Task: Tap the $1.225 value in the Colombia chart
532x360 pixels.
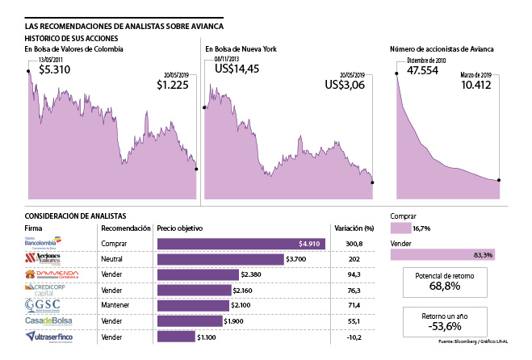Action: [177, 83]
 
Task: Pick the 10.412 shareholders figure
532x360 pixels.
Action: [480, 83]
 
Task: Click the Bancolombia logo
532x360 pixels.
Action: [40, 241]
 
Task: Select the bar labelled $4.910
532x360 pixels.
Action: [241, 243]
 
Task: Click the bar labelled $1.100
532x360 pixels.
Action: [176, 336]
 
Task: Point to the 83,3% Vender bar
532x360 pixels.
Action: [451, 254]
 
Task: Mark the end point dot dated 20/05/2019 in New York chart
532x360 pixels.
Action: [373, 182]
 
